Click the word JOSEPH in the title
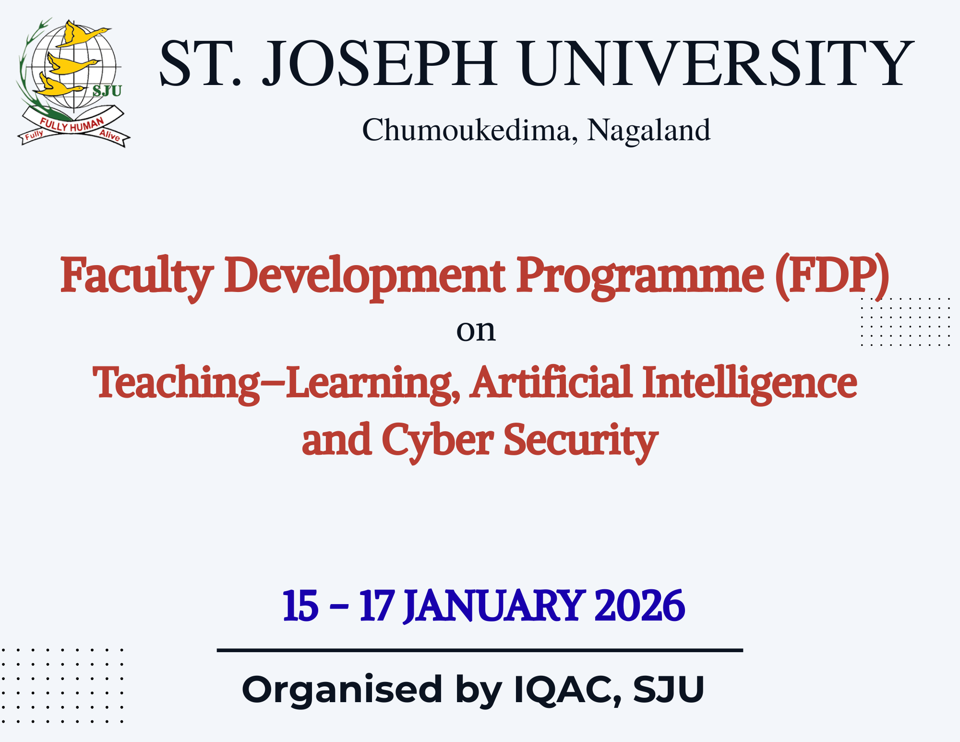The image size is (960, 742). [379, 64]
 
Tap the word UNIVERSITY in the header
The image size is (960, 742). [717, 64]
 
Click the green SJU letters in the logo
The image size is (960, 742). [107, 90]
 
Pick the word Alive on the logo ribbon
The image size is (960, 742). [110, 135]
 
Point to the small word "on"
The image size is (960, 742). [476, 331]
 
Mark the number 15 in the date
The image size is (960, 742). [300, 606]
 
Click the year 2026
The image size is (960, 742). [639, 606]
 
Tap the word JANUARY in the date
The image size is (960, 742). [495, 606]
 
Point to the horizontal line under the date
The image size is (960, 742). [480, 650]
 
